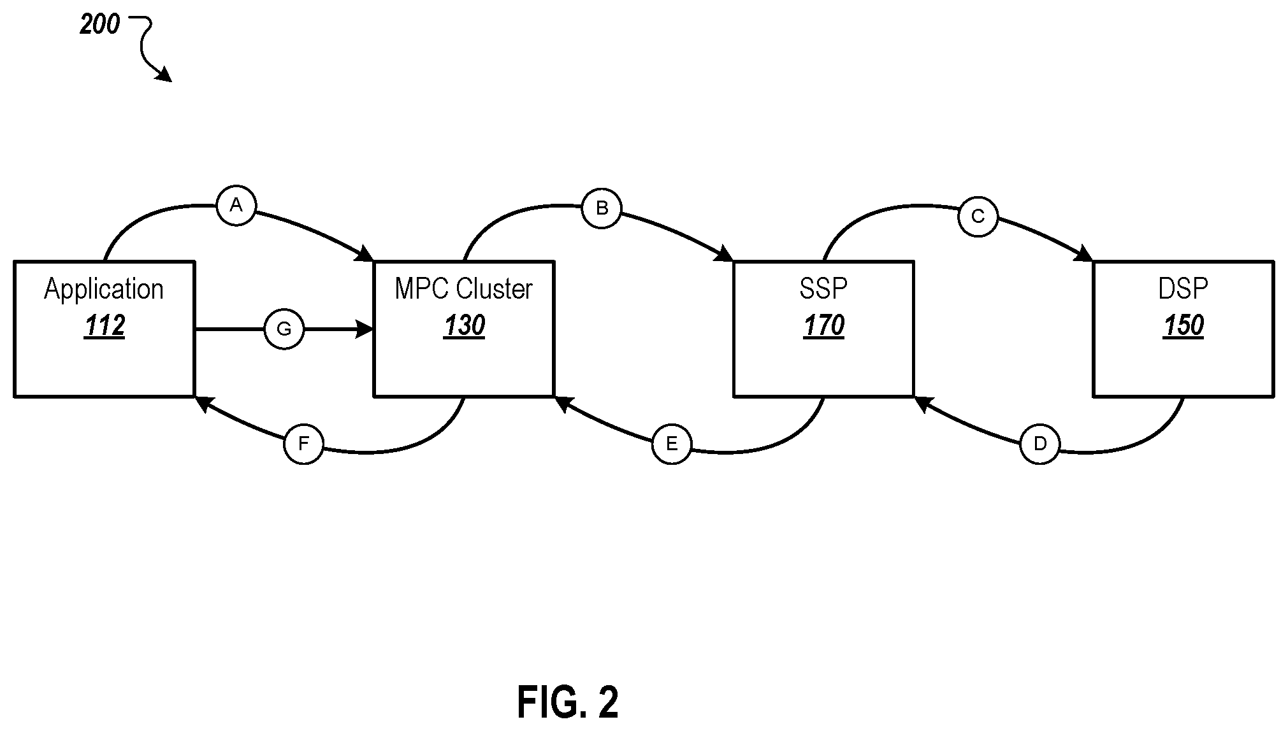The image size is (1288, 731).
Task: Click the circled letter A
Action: (x=236, y=206)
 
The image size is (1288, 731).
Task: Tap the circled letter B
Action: (x=602, y=208)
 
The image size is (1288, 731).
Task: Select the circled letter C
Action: (x=978, y=217)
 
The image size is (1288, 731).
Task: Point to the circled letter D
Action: (x=1039, y=444)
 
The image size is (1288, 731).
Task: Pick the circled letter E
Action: (x=672, y=444)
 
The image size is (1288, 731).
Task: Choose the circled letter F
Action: (x=303, y=444)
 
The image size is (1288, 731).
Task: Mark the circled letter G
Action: (x=284, y=329)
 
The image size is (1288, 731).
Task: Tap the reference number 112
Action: (x=105, y=326)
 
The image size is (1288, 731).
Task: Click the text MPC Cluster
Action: (x=463, y=289)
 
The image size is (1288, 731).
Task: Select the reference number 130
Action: (x=464, y=326)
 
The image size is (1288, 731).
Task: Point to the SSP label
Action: (x=823, y=289)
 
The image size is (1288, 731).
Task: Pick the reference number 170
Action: (x=823, y=326)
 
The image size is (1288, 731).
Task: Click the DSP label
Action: (x=1183, y=289)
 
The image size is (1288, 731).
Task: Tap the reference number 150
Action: (x=1183, y=326)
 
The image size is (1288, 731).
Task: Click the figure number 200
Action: (x=99, y=24)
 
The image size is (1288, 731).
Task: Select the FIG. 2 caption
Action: (x=568, y=702)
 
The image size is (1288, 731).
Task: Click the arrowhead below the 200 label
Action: (x=164, y=74)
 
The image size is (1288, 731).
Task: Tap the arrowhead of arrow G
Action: (x=365, y=329)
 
